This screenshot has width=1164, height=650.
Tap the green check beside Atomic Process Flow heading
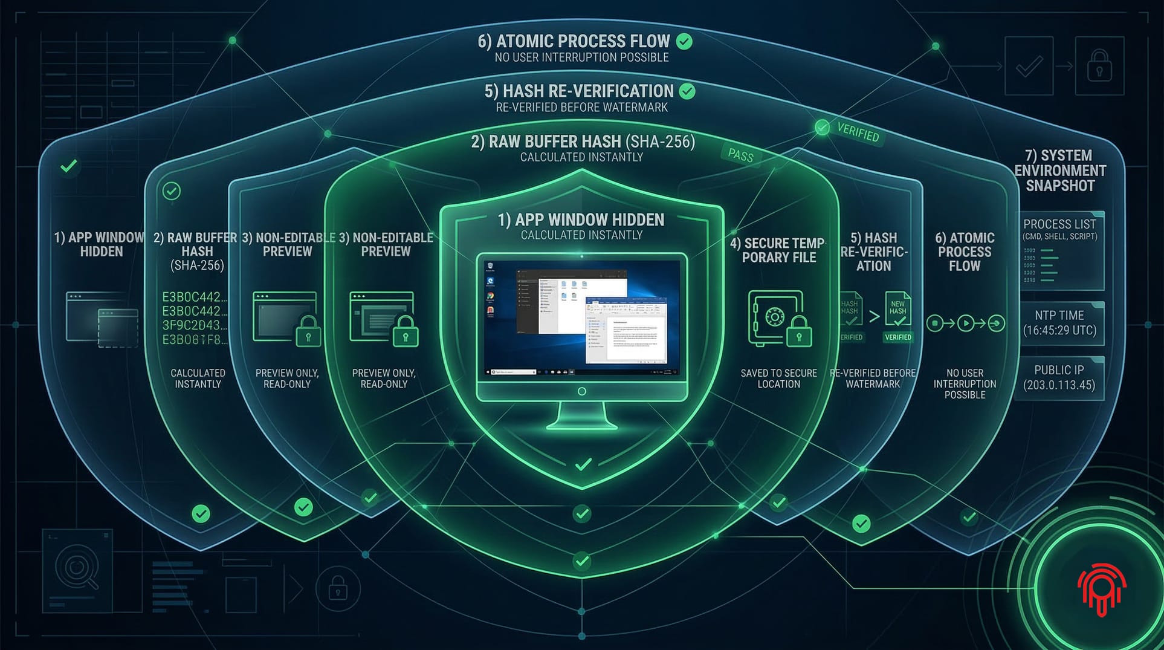(x=684, y=41)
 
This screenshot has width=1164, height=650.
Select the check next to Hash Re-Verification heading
(x=687, y=91)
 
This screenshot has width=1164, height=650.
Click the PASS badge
(x=740, y=155)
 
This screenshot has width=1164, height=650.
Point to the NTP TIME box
(x=1059, y=323)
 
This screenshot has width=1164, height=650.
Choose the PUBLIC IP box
(x=1059, y=378)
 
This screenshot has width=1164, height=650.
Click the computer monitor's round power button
(x=581, y=391)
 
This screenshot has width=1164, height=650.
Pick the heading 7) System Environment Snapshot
(x=1060, y=171)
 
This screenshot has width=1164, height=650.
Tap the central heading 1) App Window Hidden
(x=581, y=219)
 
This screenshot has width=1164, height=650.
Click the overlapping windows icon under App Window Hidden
(x=102, y=319)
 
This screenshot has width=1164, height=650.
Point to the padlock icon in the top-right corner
(x=1099, y=66)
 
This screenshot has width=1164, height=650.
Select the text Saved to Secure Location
(x=778, y=379)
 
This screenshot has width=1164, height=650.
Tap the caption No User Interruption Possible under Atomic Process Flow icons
(x=965, y=384)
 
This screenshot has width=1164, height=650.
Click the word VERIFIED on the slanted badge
(x=858, y=132)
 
